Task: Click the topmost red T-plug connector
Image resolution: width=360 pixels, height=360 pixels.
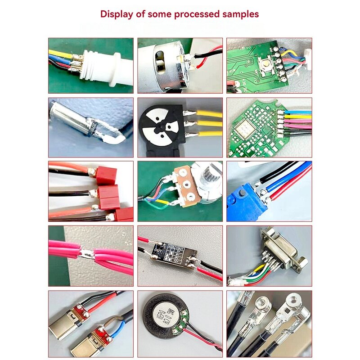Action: click(x=106, y=175)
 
